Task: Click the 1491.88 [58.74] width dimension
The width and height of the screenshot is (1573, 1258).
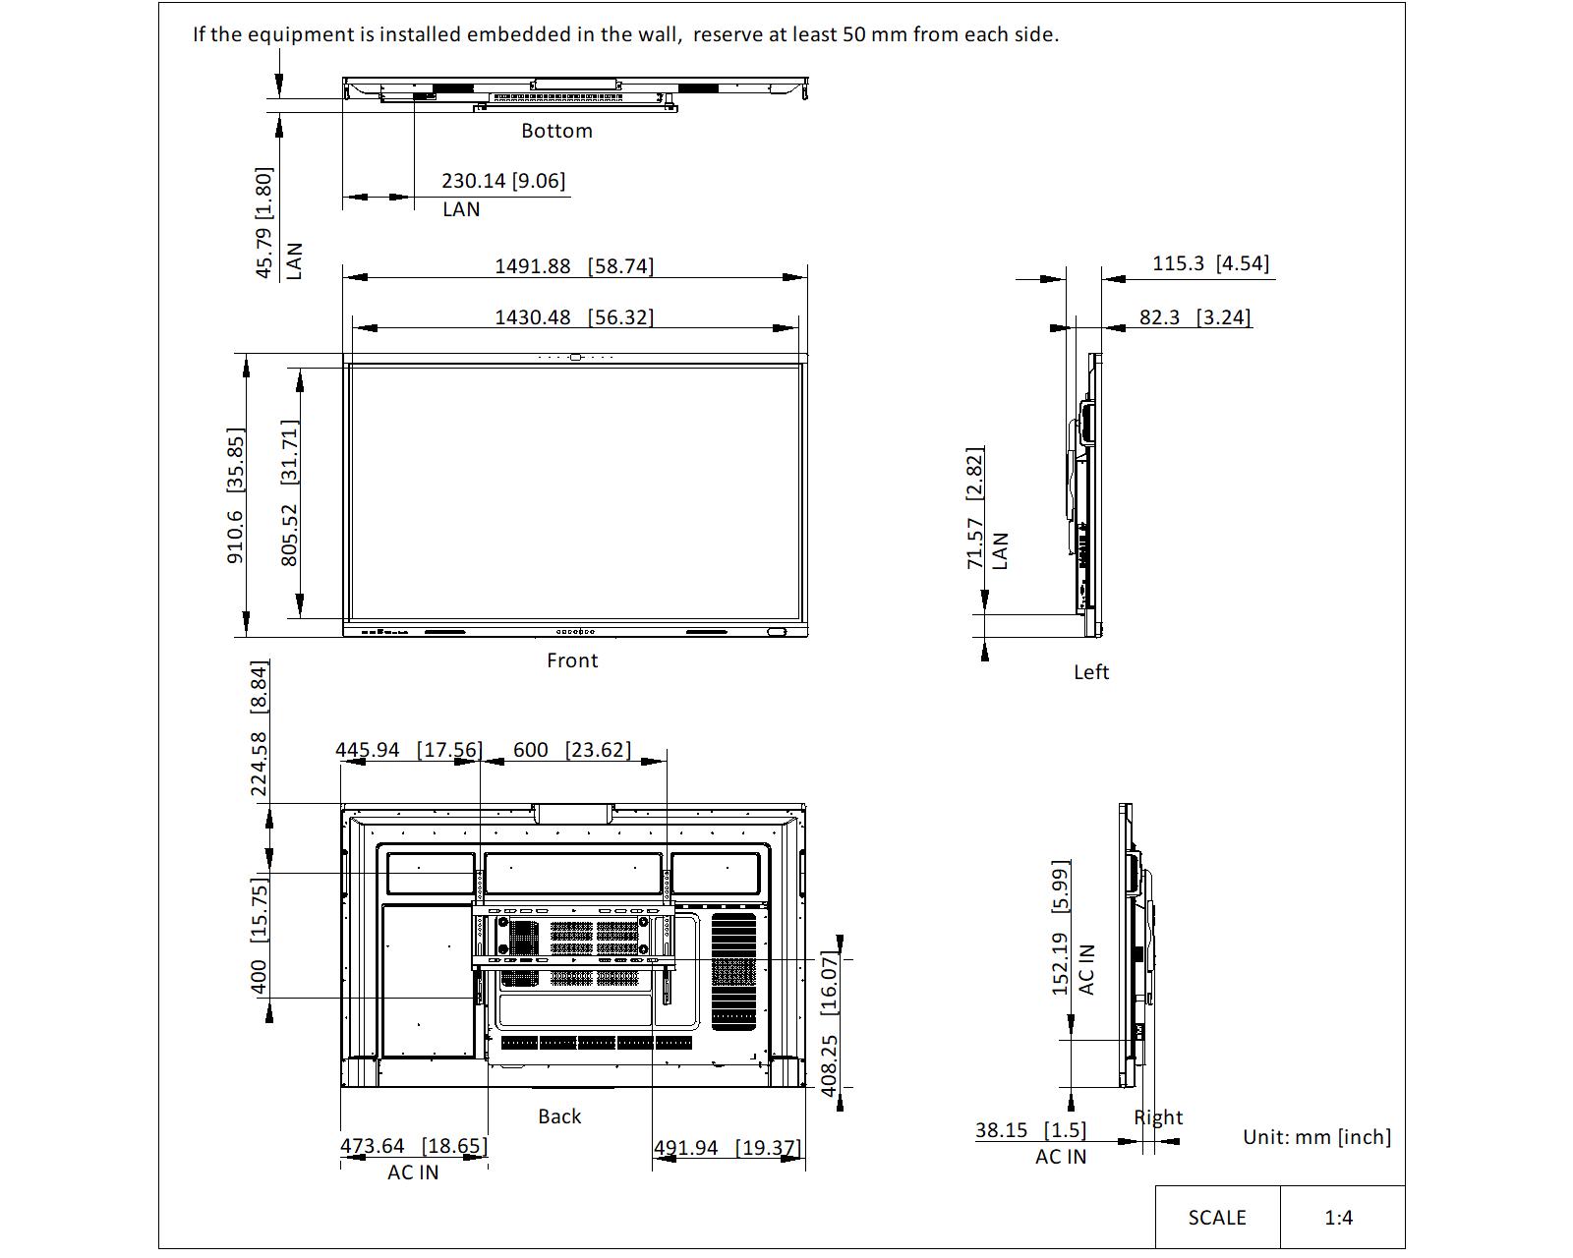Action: click(574, 266)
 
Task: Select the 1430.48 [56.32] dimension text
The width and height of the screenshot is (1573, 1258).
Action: click(574, 317)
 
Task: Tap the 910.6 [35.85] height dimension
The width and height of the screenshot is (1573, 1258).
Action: click(235, 496)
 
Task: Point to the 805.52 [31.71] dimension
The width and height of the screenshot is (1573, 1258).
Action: click(290, 492)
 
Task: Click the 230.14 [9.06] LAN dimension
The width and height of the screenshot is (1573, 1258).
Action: click(503, 181)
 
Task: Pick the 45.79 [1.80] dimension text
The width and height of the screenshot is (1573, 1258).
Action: click(263, 223)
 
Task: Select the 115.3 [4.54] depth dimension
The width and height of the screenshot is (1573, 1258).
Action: click(1211, 263)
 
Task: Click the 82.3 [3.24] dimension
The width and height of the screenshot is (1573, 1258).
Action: click(1195, 317)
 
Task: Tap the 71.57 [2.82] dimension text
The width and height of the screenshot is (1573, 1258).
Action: click(975, 507)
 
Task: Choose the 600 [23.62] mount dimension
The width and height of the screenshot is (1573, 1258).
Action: click(571, 750)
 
